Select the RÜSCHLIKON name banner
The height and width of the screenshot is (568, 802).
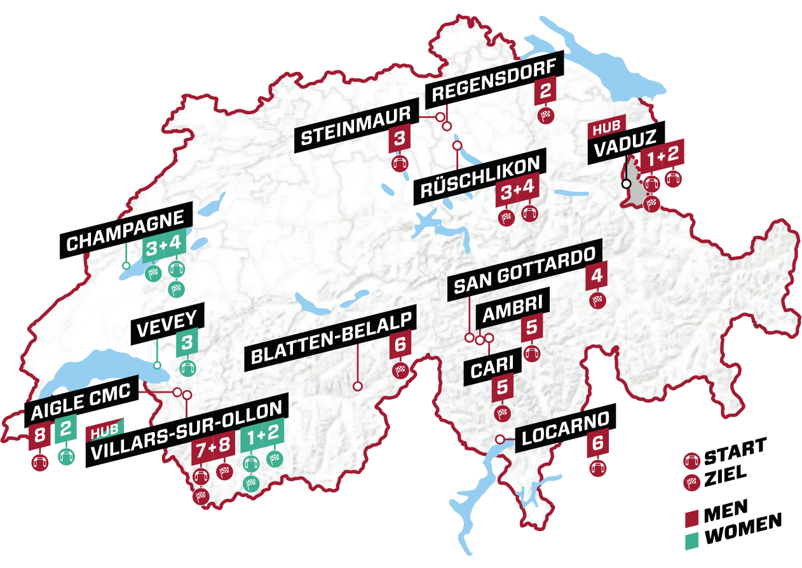click(480, 180)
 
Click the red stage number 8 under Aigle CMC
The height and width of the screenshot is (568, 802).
click(40, 435)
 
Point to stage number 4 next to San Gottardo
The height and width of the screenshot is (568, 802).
click(596, 277)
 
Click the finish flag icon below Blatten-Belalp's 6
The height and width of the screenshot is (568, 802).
click(400, 370)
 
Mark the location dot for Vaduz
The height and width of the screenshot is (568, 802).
click(626, 183)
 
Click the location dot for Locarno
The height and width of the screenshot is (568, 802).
click(500, 438)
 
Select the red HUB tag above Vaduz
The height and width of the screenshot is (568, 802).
click(606, 126)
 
